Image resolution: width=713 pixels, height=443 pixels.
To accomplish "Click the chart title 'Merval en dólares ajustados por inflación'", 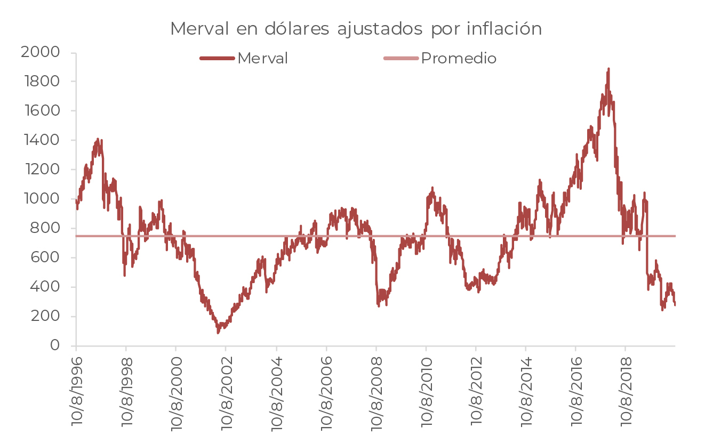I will pos(356,29).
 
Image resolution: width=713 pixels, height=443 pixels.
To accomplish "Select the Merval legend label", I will pos(262,58).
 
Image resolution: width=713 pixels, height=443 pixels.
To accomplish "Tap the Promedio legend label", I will pos(459,58).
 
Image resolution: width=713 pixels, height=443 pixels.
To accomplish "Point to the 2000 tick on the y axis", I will pos(40,52).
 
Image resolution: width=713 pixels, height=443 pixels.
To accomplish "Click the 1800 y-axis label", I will pos(41,82).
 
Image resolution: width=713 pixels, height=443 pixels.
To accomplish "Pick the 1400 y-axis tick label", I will pos(41,140).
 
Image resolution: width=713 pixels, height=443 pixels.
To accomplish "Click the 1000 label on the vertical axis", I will pos(41,199).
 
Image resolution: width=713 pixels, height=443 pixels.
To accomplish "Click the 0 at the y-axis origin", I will pos(55,345).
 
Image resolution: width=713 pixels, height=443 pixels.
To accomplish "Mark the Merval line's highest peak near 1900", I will pos(608,69).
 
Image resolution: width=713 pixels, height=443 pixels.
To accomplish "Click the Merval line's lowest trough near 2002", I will pos(218,332).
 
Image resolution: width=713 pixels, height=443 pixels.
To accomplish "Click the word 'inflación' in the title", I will pos(504,29).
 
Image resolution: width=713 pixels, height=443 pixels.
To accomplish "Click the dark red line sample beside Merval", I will pos(217,58).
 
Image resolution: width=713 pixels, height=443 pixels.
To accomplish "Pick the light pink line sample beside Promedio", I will pos(400,58).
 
